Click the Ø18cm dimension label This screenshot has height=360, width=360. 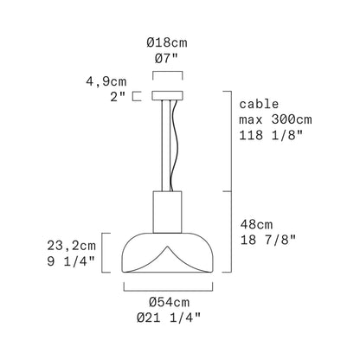[x=167, y=43]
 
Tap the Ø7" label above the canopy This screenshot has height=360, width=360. [x=167, y=59]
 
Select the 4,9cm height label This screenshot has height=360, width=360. [x=106, y=82]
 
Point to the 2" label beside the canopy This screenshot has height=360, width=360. [x=119, y=97]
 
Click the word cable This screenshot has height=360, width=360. [x=259, y=104]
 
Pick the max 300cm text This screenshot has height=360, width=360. [x=275, y=119]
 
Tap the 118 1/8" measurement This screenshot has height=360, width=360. [x=272, y=135]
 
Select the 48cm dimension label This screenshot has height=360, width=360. [x=256, y=224]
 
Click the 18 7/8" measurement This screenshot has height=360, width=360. [x=268, y=240]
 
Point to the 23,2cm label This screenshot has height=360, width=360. [x=72, y=246]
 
